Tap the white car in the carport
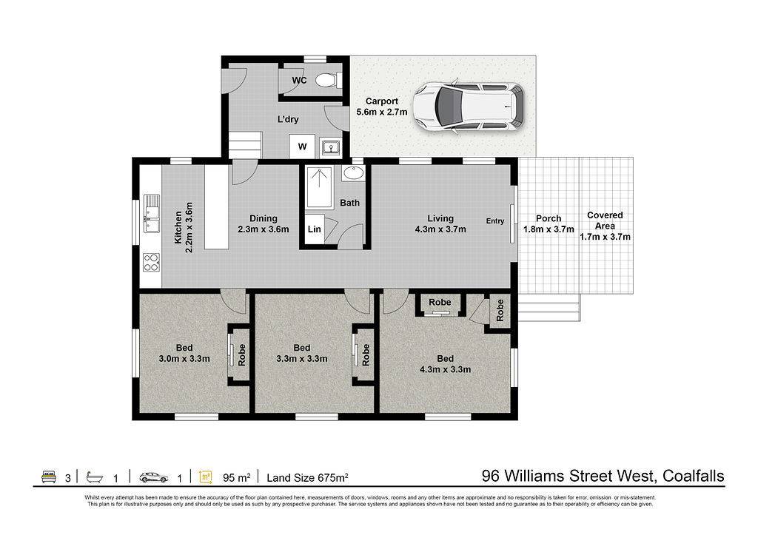[x=469, y=107]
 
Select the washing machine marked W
[x=302, y=147]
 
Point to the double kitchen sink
[x=151, y=212]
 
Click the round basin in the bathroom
[x=353, y=172]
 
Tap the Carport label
[x=381, y=101]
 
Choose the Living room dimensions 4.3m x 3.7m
[x=440, y=229]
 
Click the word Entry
[x=495, y=221]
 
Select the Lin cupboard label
[x=314, y=229]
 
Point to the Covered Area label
[x=605, y=221]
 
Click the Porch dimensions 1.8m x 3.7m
[x=549, y=229]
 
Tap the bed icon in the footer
[x=49, y=477]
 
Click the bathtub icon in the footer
[x=95, y=477]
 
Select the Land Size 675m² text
[x=307, y=477]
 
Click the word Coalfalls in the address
[x=693, y=476]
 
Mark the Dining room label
[x=264, y=218]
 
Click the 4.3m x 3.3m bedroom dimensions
[x=445, y=369]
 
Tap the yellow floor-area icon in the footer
[x=206, y=477]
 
